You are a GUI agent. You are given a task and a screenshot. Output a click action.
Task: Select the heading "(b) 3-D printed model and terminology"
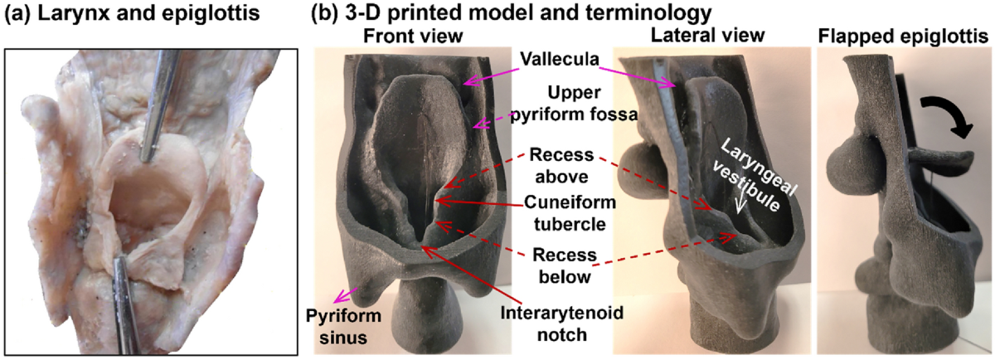click(x=511, y=14)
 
